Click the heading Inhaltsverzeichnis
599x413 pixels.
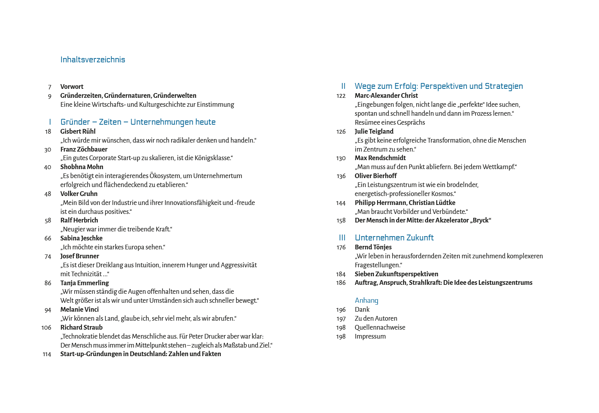pos(93,60)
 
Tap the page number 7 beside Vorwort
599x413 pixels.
pos(49,87)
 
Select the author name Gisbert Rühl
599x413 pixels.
pos(78,132)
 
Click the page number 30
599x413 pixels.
pos(48,150)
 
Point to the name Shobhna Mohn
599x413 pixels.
pos(82,167)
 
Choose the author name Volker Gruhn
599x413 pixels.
pos(79,194)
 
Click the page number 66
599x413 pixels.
pos(48,238)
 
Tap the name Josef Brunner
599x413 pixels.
pos(79,256)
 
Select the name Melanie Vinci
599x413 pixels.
pos(79,310)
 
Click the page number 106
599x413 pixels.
pos(46,328)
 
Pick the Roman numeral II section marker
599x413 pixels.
pos(343,86)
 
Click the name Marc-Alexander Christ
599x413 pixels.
pos(386,96)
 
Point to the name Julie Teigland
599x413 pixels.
pos(374,132)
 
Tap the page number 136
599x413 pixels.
pos(341,176)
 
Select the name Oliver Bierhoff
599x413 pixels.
pos(376,176)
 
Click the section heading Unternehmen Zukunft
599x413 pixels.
pos(394,238)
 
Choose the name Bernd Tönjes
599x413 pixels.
pos(373,247)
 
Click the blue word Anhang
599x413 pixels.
pos(366,300)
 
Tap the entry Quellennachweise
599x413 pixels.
pos(380,328)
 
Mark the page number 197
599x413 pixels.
pos(341,319)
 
